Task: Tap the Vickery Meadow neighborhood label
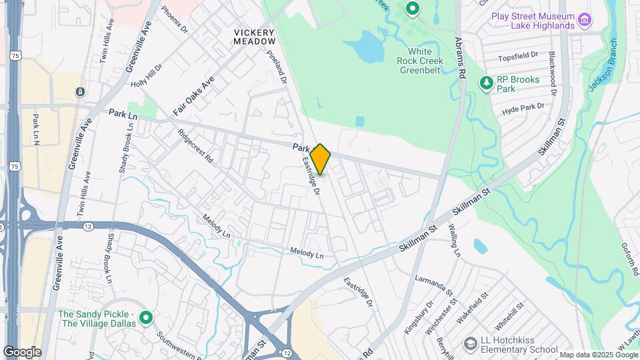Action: pyautogui.click(x=254, y=37)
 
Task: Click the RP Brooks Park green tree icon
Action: pyautogui.click(x=487, y=83)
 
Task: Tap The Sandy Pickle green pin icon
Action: pyautogui.click(x=146, y=318)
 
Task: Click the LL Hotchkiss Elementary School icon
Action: pyautogui.click(x=471, y=343)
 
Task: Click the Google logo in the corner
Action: pyautogui.click(x=22, y=351)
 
